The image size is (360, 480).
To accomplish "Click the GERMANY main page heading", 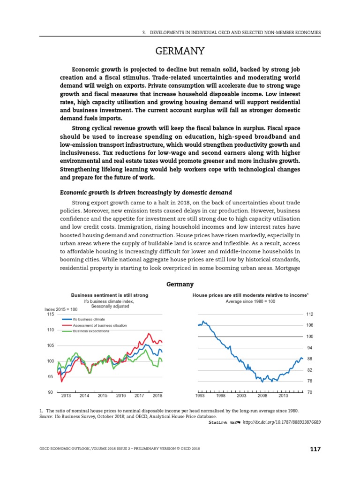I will pyautogui.click(x=180, y=51).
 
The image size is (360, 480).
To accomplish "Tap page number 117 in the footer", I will pyautogui.click(x=315, y=449).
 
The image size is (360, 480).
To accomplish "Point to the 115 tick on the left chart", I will pyautogui.click(x=50, y=315).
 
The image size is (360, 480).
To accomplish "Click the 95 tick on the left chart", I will pyautogui.click(x=51, y=376).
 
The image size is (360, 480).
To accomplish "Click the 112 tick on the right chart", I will pyautogui.click(x=309, y=314).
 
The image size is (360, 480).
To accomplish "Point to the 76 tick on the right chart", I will pyautogui.click(x=309, y=381).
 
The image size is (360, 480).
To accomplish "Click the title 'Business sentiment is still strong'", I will pyautogui.click(x=109, y=295).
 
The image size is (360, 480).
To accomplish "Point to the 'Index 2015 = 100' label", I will pyautogui.click(x=61, y=309).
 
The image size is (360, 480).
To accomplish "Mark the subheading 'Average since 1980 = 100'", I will pyautogui.click(x=250, y=301).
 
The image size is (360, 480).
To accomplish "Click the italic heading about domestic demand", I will pyautogui.click(x=145, y=193).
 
